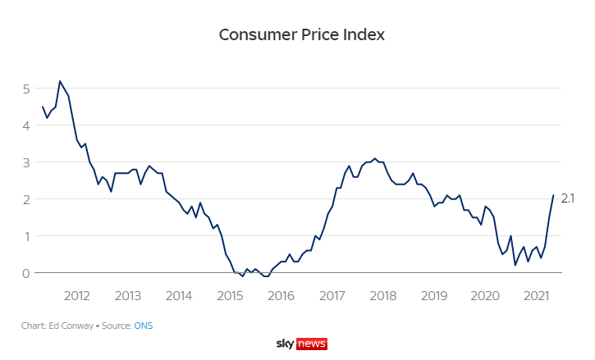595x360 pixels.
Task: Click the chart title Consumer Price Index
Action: [301, 35]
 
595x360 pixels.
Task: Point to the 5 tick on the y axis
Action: [26, 89]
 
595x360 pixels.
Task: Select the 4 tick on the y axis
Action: [26, 125]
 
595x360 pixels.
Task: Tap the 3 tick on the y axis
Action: [26, 162]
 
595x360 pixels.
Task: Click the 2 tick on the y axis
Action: [26, 199]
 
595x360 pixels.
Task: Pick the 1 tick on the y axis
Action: [26, 236]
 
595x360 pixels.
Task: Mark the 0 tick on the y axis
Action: [26, 273]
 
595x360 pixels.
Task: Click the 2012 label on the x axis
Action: [76, 295]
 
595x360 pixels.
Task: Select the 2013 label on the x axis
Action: [128, 295]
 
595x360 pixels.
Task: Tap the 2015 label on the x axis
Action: [230, 295]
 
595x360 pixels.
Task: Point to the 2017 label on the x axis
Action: [332, 295]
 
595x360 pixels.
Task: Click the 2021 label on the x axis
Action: [536, 295]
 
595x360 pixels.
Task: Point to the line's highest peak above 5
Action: [60, 81]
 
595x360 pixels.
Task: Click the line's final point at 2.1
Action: [553, 195]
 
